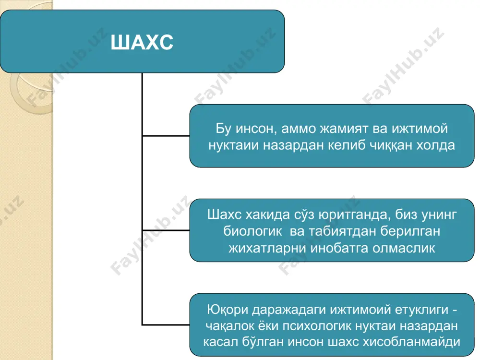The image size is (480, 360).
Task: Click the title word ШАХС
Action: (142, 42)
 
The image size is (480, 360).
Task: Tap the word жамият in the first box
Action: (344, 129)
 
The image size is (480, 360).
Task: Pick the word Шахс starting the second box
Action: (224, 215)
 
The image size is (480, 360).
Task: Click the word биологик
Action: (252, 231)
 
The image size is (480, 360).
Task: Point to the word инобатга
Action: (340, 248)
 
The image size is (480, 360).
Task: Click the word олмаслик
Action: (404, 248)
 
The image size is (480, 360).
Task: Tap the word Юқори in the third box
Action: (228, 310)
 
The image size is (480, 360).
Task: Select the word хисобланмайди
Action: (411, 342)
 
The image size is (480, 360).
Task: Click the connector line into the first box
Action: (166, 136)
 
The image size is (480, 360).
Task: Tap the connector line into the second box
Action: (166, 230)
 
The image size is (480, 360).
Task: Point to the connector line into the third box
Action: (166, 324)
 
